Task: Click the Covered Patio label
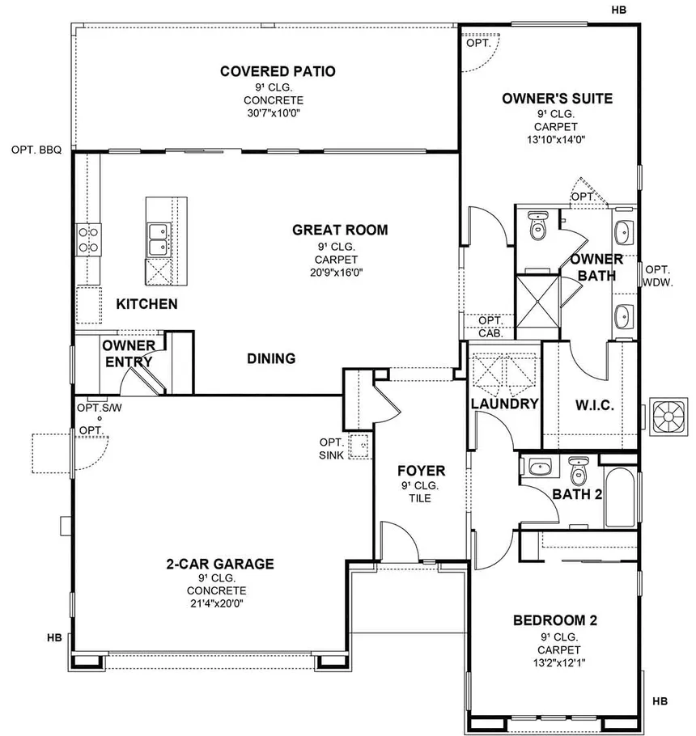pos(278,71)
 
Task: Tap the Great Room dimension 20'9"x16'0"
pos(336,273)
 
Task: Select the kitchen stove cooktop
pos(89,239)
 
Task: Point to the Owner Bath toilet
pos(537,226)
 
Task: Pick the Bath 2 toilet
pos(578,471)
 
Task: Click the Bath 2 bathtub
pos(620,497)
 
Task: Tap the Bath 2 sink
pos(540,467)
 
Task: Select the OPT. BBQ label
pos(36,150)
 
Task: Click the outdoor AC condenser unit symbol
pos(668,417)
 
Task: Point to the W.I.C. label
pos(595,405)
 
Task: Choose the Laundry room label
pos(504,404)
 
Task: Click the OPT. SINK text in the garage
pos(332,449)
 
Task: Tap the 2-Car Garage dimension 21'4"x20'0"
pos(217,603)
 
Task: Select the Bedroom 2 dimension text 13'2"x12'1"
pos(559,662)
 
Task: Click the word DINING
pos(271,358)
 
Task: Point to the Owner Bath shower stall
pos(537,301)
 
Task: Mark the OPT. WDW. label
pos(657,276)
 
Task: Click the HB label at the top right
pos(618,10)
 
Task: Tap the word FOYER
pos(422,471)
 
